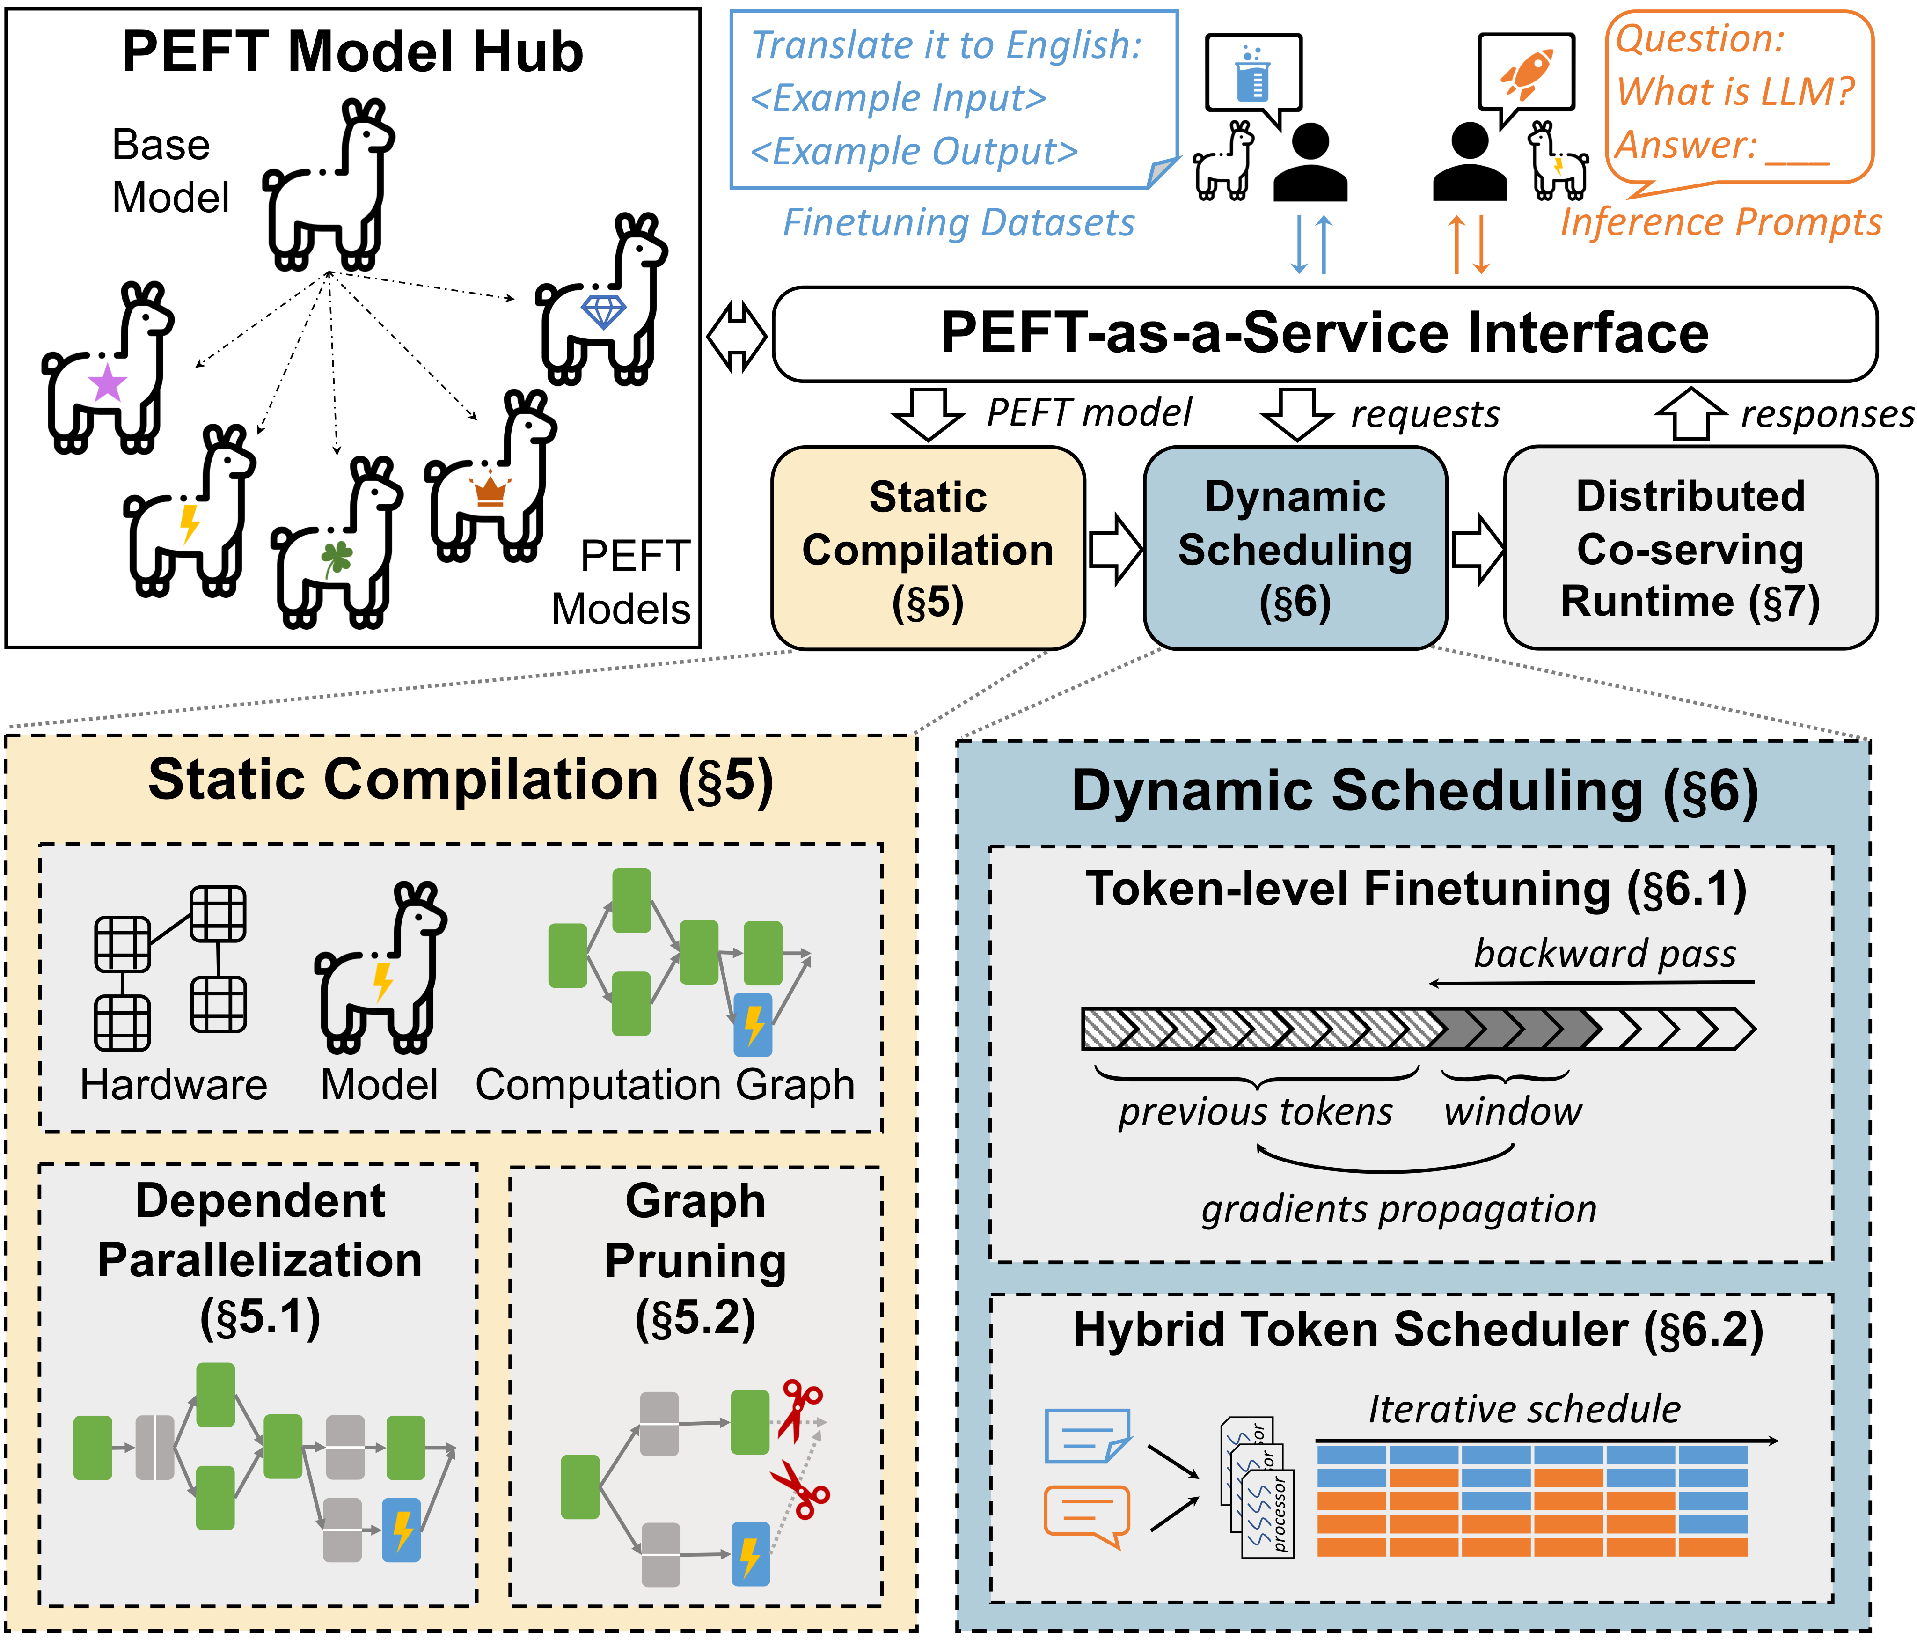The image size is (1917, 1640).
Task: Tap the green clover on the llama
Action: point(337,558)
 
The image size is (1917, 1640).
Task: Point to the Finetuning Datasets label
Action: point(958,223)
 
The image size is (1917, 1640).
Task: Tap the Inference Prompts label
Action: point(1721,223)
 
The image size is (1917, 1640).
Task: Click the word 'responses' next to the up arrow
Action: point(1826,415)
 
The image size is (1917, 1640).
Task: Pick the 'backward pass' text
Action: point(1604,953)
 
